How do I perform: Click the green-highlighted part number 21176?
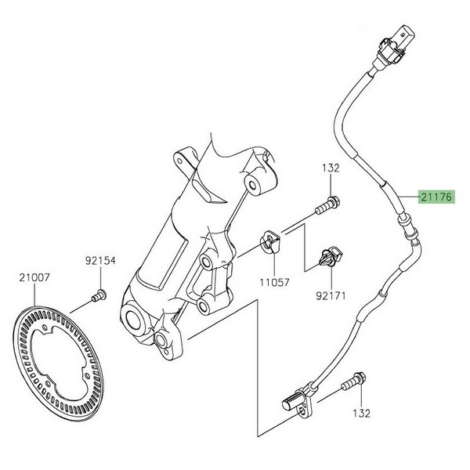pos(436,197)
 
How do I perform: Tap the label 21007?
pos(34,277)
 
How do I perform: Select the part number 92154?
pos(101,262)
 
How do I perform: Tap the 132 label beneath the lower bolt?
pos(360,412)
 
